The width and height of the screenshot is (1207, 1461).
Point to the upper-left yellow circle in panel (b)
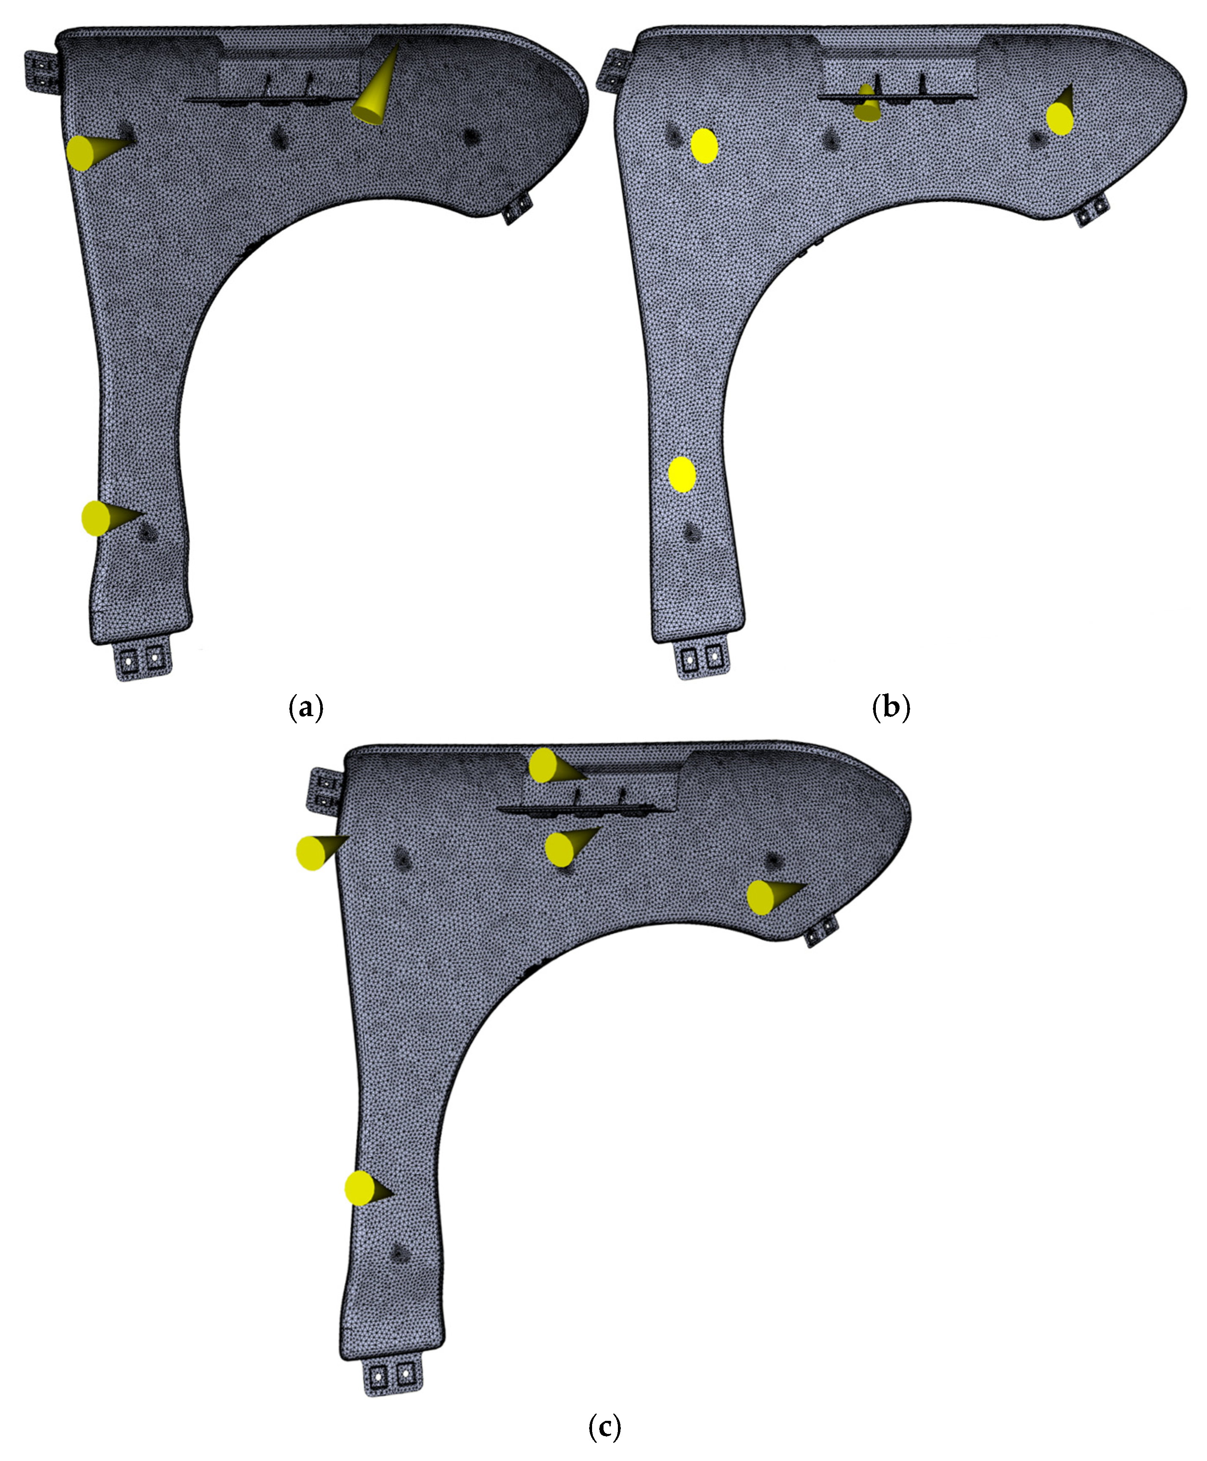pyautogui.click(x=704, y=146)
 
